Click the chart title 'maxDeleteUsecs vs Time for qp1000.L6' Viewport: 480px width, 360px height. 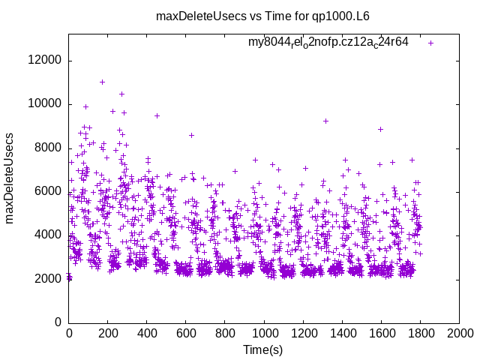tap(262, 16)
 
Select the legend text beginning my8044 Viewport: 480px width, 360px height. tap(328, 42)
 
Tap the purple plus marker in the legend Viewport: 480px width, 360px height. tap(430, 43)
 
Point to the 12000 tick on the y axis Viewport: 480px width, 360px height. tap(46, 61)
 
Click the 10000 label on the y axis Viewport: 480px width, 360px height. tap(46, 104)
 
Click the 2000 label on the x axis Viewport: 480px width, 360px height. tap(459, 331)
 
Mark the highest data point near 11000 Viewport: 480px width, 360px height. tap(102, 82)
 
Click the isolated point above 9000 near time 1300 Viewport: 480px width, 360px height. tap(325, 121)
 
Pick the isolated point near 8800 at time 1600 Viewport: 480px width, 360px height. tap(381, 129)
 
